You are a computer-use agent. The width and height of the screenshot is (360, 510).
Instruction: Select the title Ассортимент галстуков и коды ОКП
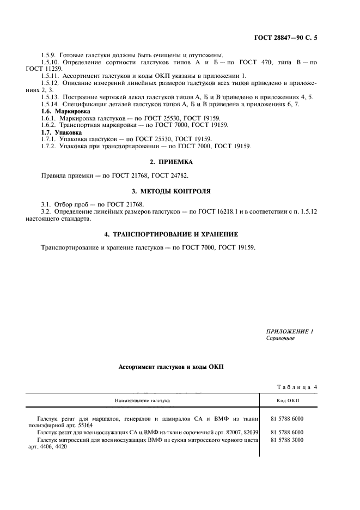[171, 367]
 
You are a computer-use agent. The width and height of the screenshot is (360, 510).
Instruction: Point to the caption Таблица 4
[297, 387]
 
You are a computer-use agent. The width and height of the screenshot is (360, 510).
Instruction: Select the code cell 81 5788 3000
[286, 440]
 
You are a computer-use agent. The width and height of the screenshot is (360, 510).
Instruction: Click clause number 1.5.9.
[50, 55]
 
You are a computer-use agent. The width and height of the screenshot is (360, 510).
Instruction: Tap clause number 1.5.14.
[51, 104]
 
